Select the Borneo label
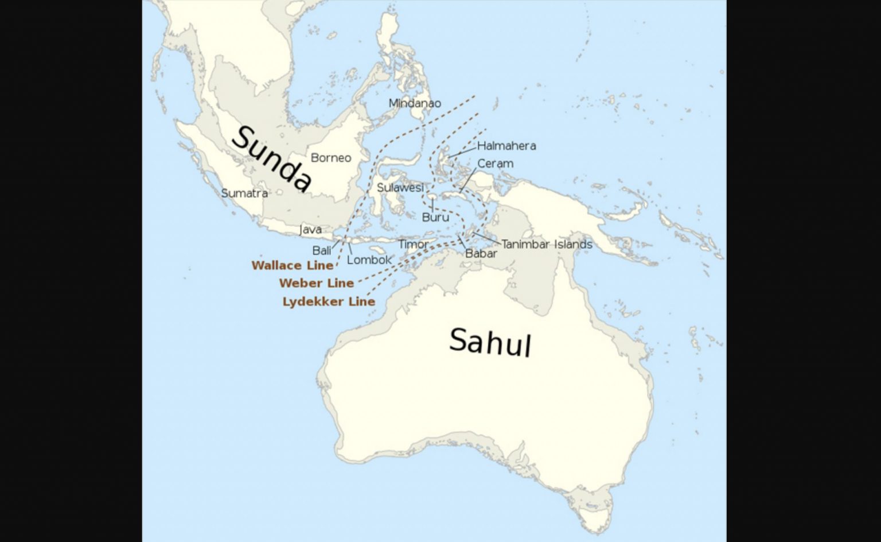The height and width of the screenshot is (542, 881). coord(331,158)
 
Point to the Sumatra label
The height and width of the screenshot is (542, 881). coord(244,193)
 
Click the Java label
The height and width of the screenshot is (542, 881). coord(310,230)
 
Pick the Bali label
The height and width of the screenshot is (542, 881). coord(322,250)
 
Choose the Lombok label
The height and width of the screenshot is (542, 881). coord(369,260)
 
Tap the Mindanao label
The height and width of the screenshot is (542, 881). coord(415,103)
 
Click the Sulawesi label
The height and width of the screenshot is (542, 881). coord(400,188)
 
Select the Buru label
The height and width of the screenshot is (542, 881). coord(435,218)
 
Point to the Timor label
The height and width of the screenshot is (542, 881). coord(413,245)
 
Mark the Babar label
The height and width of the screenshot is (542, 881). coord(481,253)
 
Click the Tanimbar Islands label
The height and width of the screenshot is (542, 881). coord(547,245)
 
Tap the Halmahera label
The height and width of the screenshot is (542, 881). coord(506,146)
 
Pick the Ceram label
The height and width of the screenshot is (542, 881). coord(495,164)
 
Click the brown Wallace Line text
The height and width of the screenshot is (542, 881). coord(293,266)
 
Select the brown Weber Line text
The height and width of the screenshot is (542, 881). coord(317,284)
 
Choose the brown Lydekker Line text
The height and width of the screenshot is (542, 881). coord(329,302)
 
